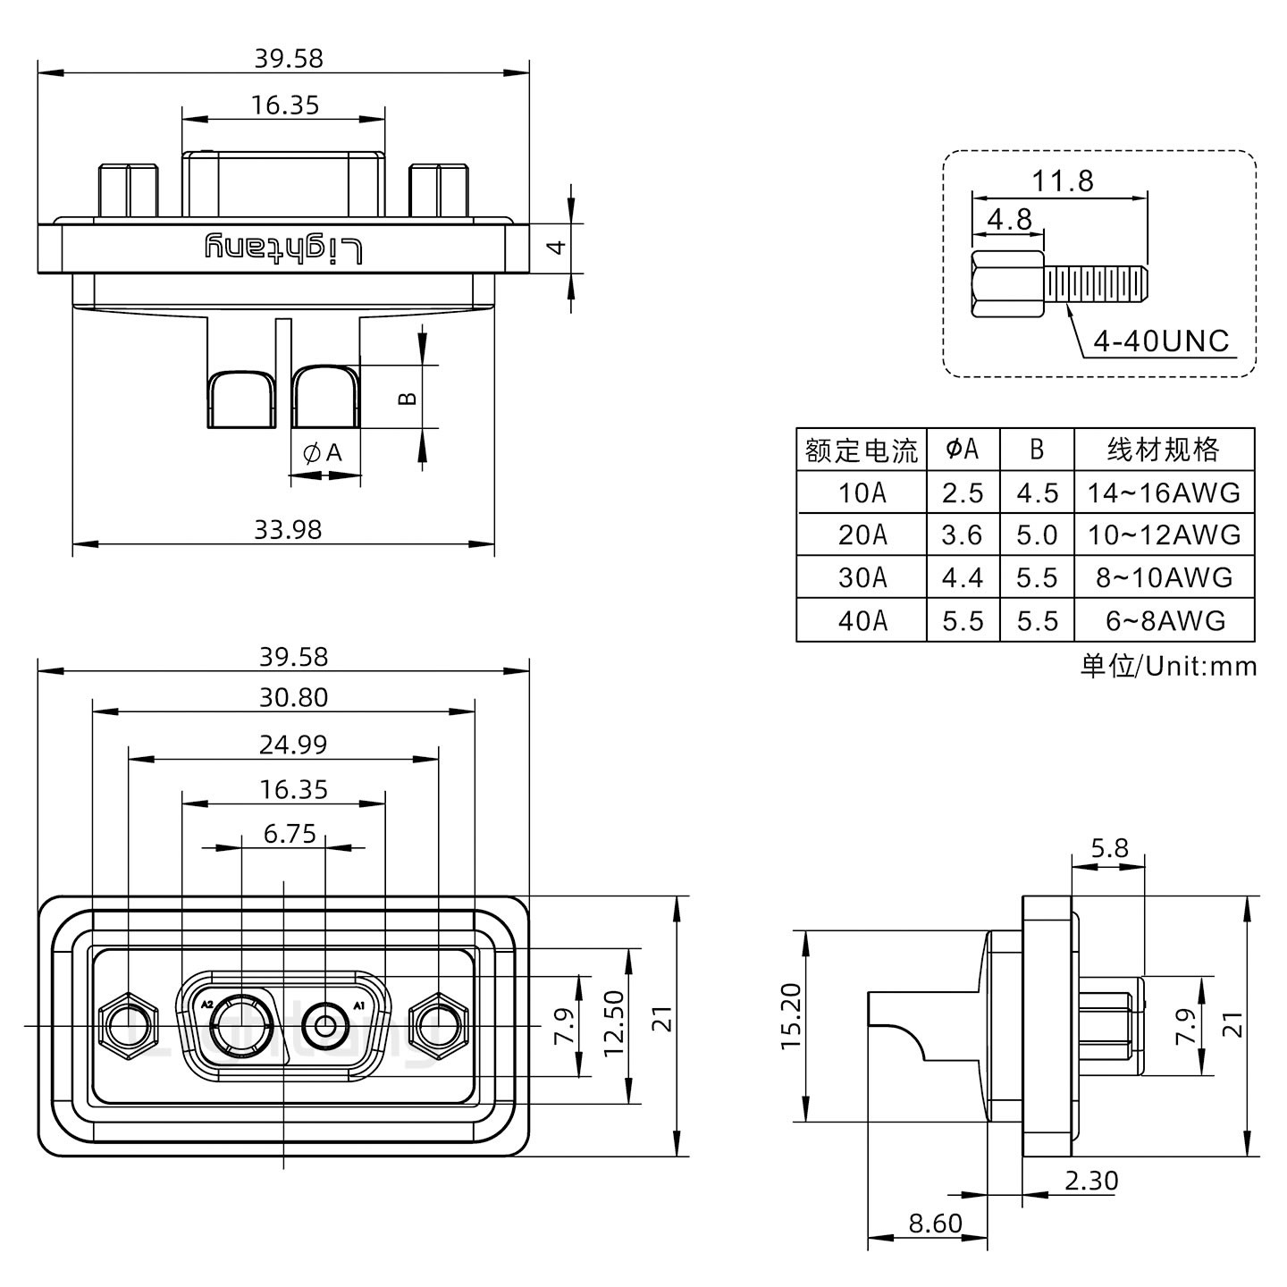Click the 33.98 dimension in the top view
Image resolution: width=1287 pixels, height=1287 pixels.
[x=287, y=529]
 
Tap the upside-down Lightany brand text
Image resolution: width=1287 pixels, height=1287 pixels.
[x=283, y=248]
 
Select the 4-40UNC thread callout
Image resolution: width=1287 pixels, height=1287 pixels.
[x=1161, y=341]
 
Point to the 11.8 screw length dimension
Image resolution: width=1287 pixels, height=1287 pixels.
[x=1062, y=181]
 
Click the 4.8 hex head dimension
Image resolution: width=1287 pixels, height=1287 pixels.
[x=1009, y=219]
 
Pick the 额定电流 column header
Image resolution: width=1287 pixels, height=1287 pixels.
[x=861, y=450]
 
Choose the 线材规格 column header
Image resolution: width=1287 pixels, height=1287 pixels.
[x=1163, y=449]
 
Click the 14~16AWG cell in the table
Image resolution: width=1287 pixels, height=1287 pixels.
[x=1163, y=492]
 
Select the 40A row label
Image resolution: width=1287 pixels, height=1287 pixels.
[x=862, y=620]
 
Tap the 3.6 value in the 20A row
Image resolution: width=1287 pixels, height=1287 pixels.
[x=962, y=534]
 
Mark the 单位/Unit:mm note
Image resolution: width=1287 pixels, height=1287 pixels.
[x=1167, y=666]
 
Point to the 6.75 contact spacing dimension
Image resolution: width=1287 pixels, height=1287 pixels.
[x=290, y=833]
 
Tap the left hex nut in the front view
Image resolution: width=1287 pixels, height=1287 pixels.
[x=129, y=1024]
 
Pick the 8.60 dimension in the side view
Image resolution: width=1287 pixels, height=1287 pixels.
[x=935, y=1222]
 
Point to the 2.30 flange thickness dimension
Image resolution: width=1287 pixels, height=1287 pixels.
[x=1090, y=1181]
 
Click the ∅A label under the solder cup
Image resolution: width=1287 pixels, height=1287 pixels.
[x=323, y=453]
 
